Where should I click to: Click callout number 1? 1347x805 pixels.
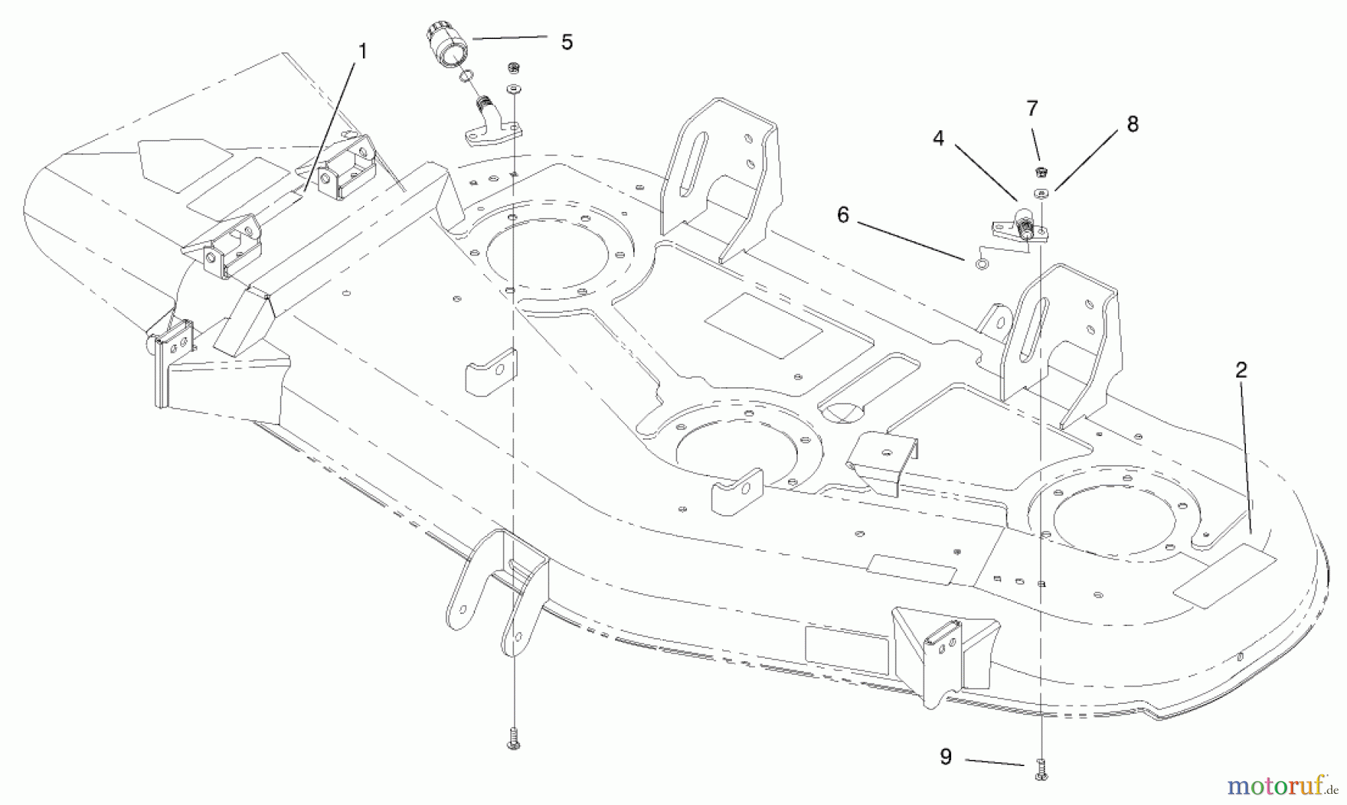click(x=363, y=51)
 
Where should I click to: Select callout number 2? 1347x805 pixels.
click(x=1241, y=370)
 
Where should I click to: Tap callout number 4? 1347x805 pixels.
click(x=938, y=139)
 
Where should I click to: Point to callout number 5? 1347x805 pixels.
click(x=566, y=43)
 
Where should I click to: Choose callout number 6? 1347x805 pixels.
click(x=843, y=216)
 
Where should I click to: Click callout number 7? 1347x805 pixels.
click(x=1032, y=109)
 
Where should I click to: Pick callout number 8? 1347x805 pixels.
click(x=1132, y=125)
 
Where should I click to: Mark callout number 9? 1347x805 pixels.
click(x=946, y=757)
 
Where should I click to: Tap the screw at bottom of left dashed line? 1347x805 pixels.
click(x=513, y=738)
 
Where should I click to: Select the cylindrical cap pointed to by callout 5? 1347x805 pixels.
click(x=447, y=46)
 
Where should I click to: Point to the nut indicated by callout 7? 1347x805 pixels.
click(x=1040, y=171)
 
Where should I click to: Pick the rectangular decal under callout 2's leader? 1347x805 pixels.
click(x=1224, y=575)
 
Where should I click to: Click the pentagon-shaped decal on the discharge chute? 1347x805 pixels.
click(x=184, y=157)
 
